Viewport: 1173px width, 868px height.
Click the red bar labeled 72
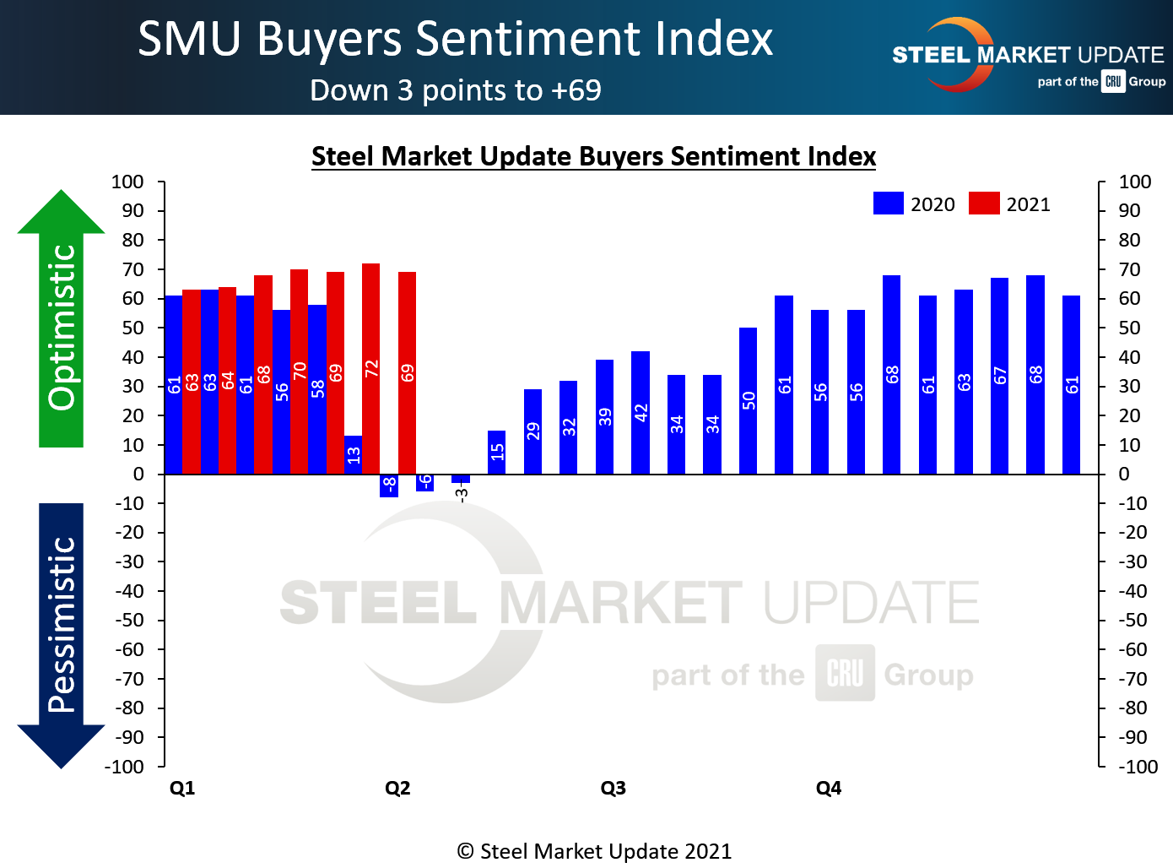(371, 368)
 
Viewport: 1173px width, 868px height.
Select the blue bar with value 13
(353, 454)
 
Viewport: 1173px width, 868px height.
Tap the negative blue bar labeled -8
(389, 486)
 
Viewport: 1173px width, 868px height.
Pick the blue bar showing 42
(641, 412)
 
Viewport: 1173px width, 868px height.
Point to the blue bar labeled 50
(748, 400)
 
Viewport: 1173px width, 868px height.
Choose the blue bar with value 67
(999, 375)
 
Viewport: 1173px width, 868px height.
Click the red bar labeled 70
(300, 371)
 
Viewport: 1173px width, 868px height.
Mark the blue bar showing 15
(497, 452)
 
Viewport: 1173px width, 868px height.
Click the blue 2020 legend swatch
(889, 203)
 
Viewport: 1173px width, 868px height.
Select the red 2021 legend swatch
(984, 203)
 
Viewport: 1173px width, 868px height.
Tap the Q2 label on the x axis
(397, 788)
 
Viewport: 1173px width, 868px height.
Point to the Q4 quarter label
(829, 788)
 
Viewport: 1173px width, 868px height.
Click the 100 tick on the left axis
(127, 182)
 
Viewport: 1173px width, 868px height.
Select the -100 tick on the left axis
(124, 767)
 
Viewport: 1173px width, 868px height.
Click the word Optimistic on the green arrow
(62, 328)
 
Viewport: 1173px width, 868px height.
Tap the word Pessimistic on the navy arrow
(62, 625)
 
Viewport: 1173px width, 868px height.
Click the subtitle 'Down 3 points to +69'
(456, 90)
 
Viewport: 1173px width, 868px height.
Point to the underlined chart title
(593, 156)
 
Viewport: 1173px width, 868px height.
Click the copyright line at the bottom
(594, 851)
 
